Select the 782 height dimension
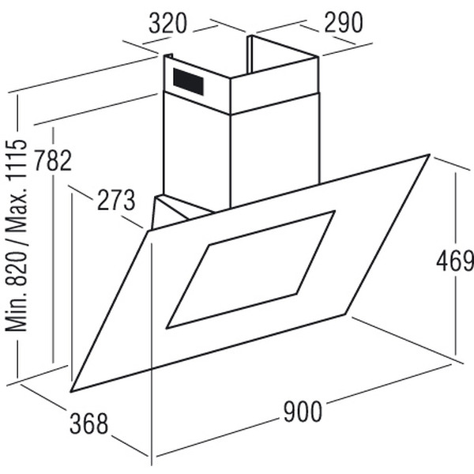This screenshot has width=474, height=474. pos(49,159)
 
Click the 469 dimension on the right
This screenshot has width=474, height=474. pos(453,260)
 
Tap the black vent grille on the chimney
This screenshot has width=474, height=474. pos(189,81)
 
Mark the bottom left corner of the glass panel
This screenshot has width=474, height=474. pos(71,392)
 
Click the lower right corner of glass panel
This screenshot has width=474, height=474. pos(346,314)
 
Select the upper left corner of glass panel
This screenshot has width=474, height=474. pos(149,230)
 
